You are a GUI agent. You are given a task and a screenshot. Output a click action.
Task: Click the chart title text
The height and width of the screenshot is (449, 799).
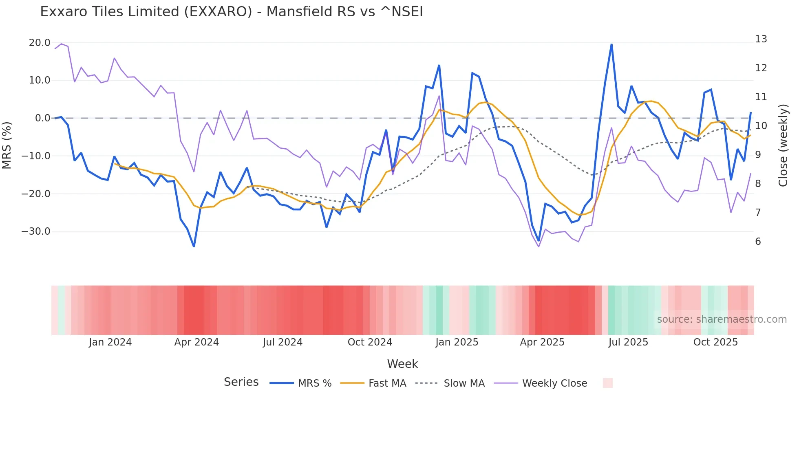point(231,12)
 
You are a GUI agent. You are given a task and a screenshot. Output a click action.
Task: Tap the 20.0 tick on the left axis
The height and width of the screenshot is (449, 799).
point(40,43)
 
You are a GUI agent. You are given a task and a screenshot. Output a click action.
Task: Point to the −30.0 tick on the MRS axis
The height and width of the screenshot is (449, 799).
point(36,231)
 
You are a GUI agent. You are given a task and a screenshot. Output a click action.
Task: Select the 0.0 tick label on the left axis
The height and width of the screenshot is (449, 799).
point(43,118)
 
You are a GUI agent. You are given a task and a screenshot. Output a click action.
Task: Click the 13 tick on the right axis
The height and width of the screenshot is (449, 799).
point(761,39)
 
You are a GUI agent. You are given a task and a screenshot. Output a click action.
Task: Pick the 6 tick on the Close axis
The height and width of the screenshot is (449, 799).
point(758,242)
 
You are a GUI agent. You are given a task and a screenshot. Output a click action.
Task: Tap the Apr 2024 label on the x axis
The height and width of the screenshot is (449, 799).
point(196,342)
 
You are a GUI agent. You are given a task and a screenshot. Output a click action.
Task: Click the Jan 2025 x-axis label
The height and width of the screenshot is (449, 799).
point(457,342)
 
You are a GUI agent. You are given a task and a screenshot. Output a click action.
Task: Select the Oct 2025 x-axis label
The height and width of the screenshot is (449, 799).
point(715,342)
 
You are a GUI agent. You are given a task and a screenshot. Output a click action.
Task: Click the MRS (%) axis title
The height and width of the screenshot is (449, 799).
point(7,145)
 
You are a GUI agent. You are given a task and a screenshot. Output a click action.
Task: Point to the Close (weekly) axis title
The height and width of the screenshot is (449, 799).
point(783,145)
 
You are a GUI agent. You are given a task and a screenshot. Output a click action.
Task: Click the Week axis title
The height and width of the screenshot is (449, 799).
point(402,364)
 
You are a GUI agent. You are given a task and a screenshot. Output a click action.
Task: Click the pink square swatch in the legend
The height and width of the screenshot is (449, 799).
point(607,383)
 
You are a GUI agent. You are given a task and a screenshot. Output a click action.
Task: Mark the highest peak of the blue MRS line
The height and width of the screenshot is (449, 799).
point(611,44)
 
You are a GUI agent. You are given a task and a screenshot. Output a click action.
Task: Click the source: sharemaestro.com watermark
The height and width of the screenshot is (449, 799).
point(722,319)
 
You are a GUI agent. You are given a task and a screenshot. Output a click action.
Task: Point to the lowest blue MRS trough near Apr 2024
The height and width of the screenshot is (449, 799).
point(194,246)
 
